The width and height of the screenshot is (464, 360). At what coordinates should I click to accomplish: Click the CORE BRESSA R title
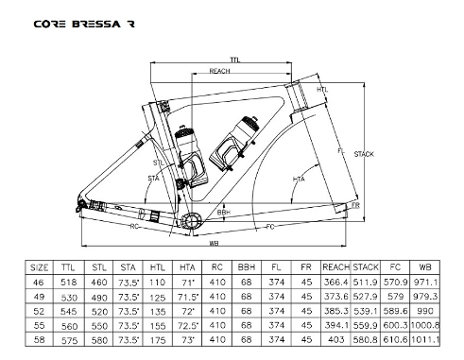point(84,24)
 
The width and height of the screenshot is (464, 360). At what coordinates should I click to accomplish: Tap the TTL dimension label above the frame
point(235,60)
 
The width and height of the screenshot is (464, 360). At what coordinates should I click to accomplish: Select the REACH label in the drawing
point(219,71)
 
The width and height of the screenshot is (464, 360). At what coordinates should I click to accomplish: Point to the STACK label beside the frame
point(364,154)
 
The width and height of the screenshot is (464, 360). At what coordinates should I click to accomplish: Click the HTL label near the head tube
point(322,90)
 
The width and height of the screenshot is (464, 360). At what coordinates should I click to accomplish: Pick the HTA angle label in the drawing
point(299,180)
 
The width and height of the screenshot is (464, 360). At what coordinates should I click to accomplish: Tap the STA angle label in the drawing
point(153,179)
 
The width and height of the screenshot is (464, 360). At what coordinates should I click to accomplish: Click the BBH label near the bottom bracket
point(224,213)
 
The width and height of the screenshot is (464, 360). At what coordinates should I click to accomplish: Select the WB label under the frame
point(214,243)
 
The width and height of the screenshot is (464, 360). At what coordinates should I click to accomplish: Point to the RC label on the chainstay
point(134,226)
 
